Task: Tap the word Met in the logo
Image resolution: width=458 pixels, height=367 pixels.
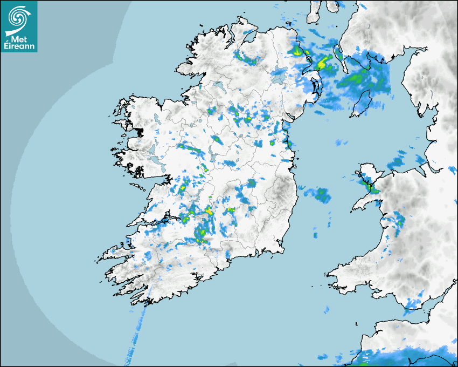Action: (20, 38)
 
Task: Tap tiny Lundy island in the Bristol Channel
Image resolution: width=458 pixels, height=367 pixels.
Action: (357, 323)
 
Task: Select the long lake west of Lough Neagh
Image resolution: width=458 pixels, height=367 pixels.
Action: (219, 86)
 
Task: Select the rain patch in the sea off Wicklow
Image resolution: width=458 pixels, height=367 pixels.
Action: (318, 194)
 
